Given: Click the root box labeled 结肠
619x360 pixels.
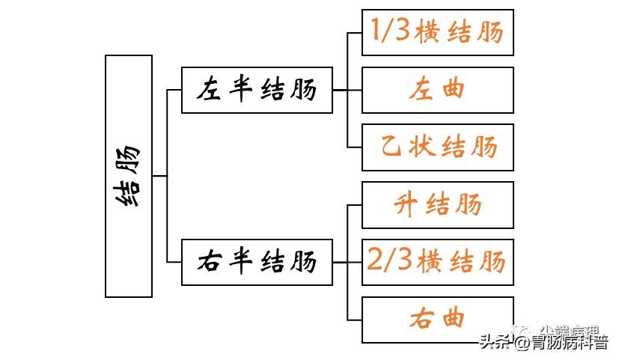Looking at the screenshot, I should tap(129, 176).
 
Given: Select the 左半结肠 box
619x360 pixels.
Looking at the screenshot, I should tap(257, 90).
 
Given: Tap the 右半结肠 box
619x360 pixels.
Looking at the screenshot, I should tap(257, 262).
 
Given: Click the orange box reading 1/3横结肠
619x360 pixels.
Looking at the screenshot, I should tap(438, 32).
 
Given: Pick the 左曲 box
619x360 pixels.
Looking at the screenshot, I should tap(438, 90).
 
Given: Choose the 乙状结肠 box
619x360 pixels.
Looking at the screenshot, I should tap(438, 147).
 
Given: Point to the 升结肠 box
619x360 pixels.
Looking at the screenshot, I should tap(438, 204).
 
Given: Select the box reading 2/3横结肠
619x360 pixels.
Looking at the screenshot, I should tap(438, 262).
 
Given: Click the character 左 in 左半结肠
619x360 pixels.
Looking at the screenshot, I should tap(209, 91).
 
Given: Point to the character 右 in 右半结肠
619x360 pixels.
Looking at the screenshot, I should tap(209, 263).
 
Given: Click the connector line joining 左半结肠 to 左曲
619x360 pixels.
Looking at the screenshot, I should tap(347, 90).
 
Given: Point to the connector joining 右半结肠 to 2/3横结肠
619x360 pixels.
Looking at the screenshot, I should tap(347, 262).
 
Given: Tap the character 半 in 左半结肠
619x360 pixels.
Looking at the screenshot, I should tap(240, 91).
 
